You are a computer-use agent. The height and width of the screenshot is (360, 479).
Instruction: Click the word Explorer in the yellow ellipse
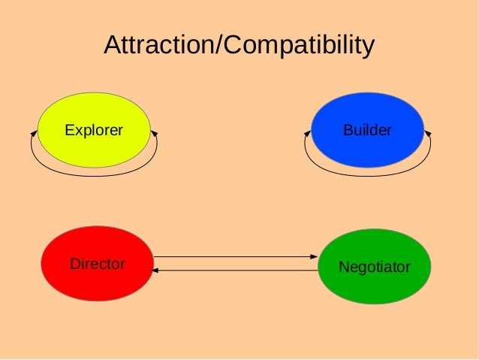click(93, 131)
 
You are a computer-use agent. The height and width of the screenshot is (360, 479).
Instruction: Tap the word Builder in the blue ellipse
click(367, 131)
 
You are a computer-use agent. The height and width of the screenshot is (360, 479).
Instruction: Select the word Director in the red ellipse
click(97, 265)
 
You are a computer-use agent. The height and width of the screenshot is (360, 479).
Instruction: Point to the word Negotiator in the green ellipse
click(374, 267)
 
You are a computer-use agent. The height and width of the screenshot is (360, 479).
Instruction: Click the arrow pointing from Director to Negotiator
click(233, 257)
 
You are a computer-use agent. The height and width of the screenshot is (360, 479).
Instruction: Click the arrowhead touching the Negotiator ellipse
click(315, 257)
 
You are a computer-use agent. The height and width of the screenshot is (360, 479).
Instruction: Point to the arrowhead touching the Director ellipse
click(156, 270)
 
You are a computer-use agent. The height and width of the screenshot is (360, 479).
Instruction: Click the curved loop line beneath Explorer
click(93, 175)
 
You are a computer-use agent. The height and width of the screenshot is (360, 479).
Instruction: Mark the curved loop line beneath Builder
click(367, 175)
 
